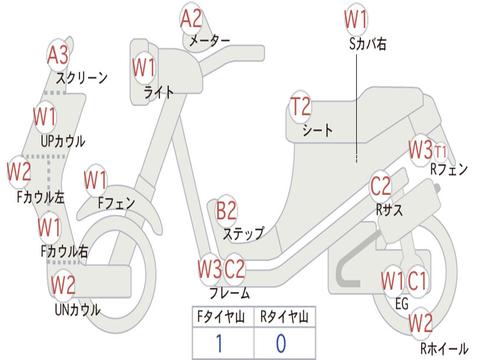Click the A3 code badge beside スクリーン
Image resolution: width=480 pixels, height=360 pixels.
coord(58,55)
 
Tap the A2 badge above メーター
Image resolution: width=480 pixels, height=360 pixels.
coord(191,19)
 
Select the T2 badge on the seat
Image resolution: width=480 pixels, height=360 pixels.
coord(300,107)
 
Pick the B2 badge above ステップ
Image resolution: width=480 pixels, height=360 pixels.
coord(226,211)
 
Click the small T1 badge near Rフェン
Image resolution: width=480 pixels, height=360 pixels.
coord(441,152)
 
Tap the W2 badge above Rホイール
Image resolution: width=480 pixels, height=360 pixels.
coord(420,323)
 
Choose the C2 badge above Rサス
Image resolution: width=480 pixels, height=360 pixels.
coord(380,187)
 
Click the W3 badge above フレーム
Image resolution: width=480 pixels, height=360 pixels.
coord(209,269)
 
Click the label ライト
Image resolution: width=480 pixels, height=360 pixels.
coord(159,92)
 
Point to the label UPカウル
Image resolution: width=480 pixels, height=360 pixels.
coord(63,141)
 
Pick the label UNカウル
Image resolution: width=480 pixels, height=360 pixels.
coord(78,309)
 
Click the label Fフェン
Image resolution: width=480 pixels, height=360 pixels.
coord(116,203)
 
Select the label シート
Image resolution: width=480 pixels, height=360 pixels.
coord(317,130)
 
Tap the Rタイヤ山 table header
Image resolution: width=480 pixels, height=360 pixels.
coord(284,318)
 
